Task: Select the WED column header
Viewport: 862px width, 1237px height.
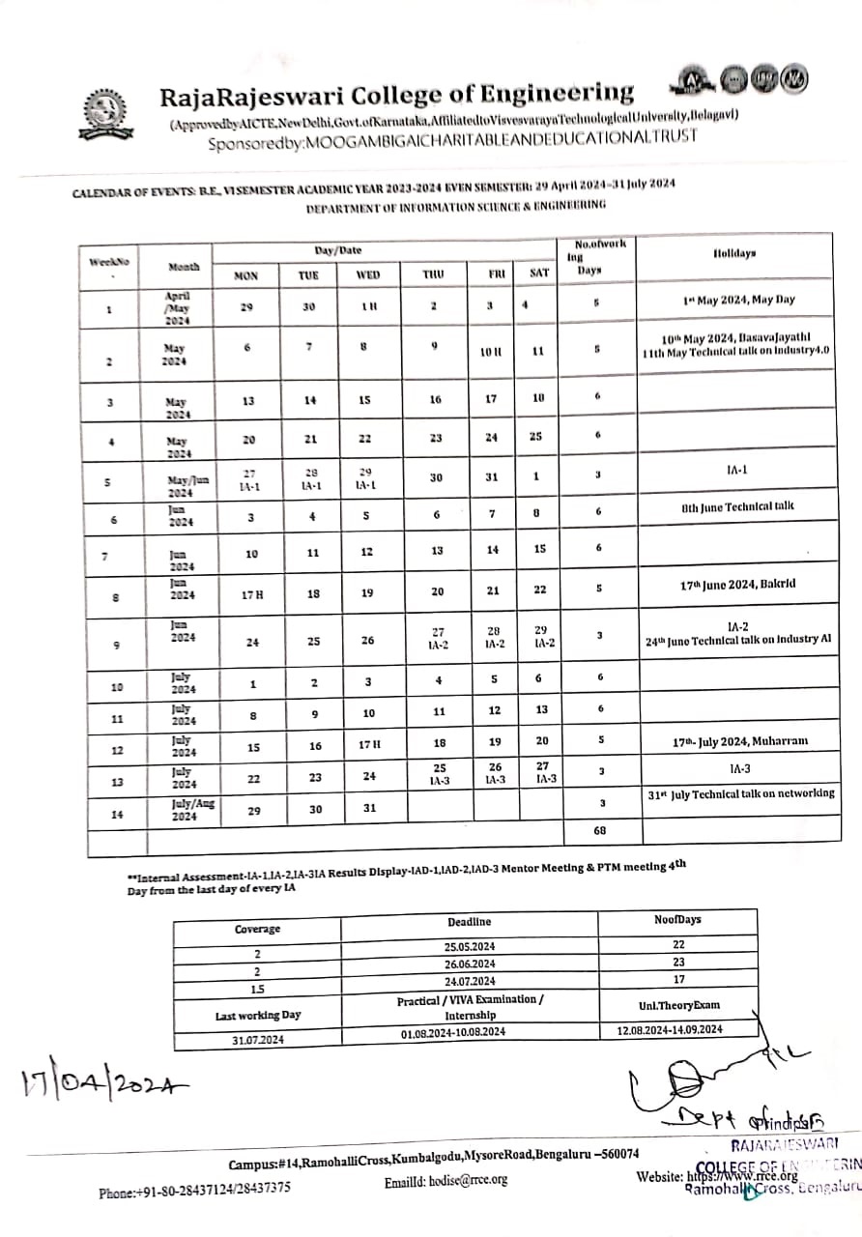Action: [x=368, y=274]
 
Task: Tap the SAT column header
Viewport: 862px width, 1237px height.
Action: [x=539, y=273]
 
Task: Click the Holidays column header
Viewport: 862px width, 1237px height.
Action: [x=734, y=253]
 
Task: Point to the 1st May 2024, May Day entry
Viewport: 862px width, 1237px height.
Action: [x=738, y=300]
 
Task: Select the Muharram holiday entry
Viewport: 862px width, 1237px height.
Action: [x=740, y=741]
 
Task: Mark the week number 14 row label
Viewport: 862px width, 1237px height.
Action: [x=117, y=814]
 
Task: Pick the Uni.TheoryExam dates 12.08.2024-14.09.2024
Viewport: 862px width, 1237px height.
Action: [x=670, y=1030]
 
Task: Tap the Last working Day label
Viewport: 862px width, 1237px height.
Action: [x=257, y=1015]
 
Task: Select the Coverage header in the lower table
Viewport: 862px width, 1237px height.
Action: [x=257, y=929]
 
